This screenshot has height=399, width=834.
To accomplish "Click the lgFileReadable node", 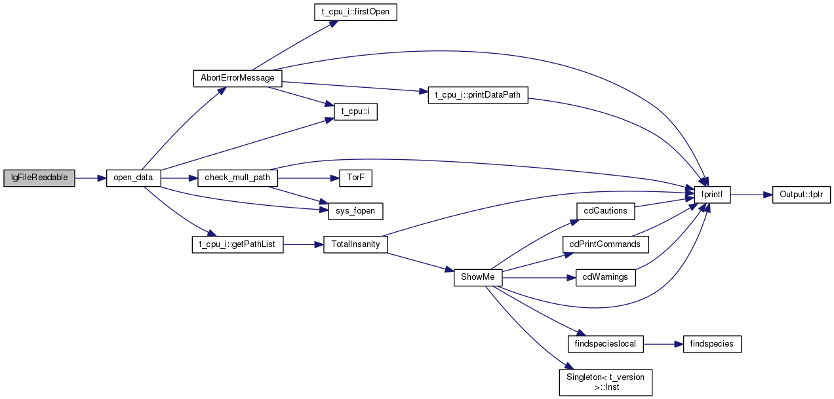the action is (39, 178).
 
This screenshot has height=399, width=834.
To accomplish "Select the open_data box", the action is (133, 178).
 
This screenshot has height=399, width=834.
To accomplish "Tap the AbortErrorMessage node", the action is (237, 78).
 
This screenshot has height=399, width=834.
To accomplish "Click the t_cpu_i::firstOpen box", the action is (355, 12).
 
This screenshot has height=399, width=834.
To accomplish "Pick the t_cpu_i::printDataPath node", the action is (478, 95).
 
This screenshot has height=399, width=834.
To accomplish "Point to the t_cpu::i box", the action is (355, 111).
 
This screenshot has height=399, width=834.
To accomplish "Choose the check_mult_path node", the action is (237, 178).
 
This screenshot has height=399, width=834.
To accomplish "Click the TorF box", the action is (355, 178).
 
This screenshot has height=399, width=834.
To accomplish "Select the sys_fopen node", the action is (355, 211).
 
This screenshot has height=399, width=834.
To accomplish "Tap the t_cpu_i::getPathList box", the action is (237, 244).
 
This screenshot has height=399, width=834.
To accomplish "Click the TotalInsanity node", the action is (355, 244).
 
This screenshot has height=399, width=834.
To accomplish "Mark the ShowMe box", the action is (478, 278).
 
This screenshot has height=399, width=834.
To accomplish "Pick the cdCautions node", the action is (605, 211).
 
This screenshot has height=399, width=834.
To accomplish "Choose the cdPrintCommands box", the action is (605, 244).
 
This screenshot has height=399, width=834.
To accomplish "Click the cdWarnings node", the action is (605, 278).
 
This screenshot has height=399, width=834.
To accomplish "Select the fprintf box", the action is (712, 195).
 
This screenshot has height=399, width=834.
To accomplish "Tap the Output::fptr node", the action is (801, 195).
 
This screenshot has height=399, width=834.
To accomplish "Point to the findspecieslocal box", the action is (605, 344).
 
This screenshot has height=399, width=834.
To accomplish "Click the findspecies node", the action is (712, 344).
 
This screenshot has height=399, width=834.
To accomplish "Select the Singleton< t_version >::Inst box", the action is (605, 382).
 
